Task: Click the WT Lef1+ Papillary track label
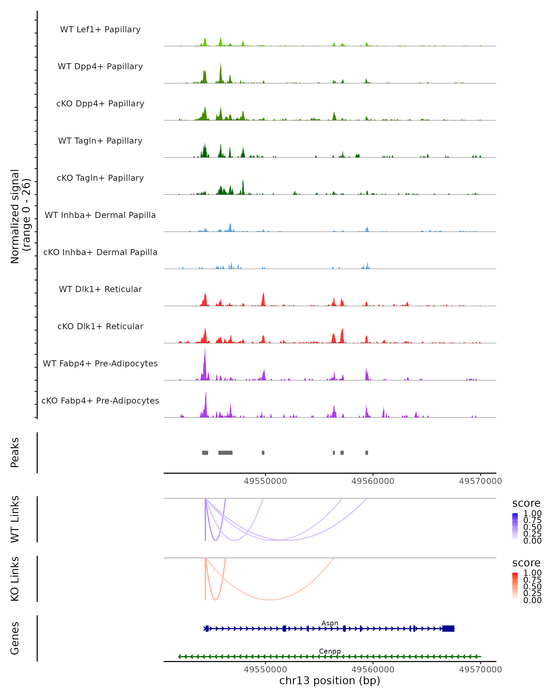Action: (x=100, y=30)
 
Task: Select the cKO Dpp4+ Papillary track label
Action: (x=100, y=104)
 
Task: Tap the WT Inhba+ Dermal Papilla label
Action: (x=100, y=215)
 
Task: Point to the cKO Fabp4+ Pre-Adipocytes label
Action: (x=100, y=401)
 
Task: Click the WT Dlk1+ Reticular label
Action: (x=100, y=289)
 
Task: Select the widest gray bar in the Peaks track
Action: (x=226, y=453)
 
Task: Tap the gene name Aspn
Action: (x=330, y=623)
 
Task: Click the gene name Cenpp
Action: (x=330, y=651)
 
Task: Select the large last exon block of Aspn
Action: (x=448, y=628)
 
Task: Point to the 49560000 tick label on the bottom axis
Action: (x=373, y=669)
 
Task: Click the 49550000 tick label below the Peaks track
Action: (x=265, y=481)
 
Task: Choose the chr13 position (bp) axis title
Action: (x=330, y=681)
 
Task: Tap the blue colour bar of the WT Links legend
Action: (x=515, y=526)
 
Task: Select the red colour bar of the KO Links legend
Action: (x=515, y=586)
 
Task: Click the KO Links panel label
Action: (x=15, y=579)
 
